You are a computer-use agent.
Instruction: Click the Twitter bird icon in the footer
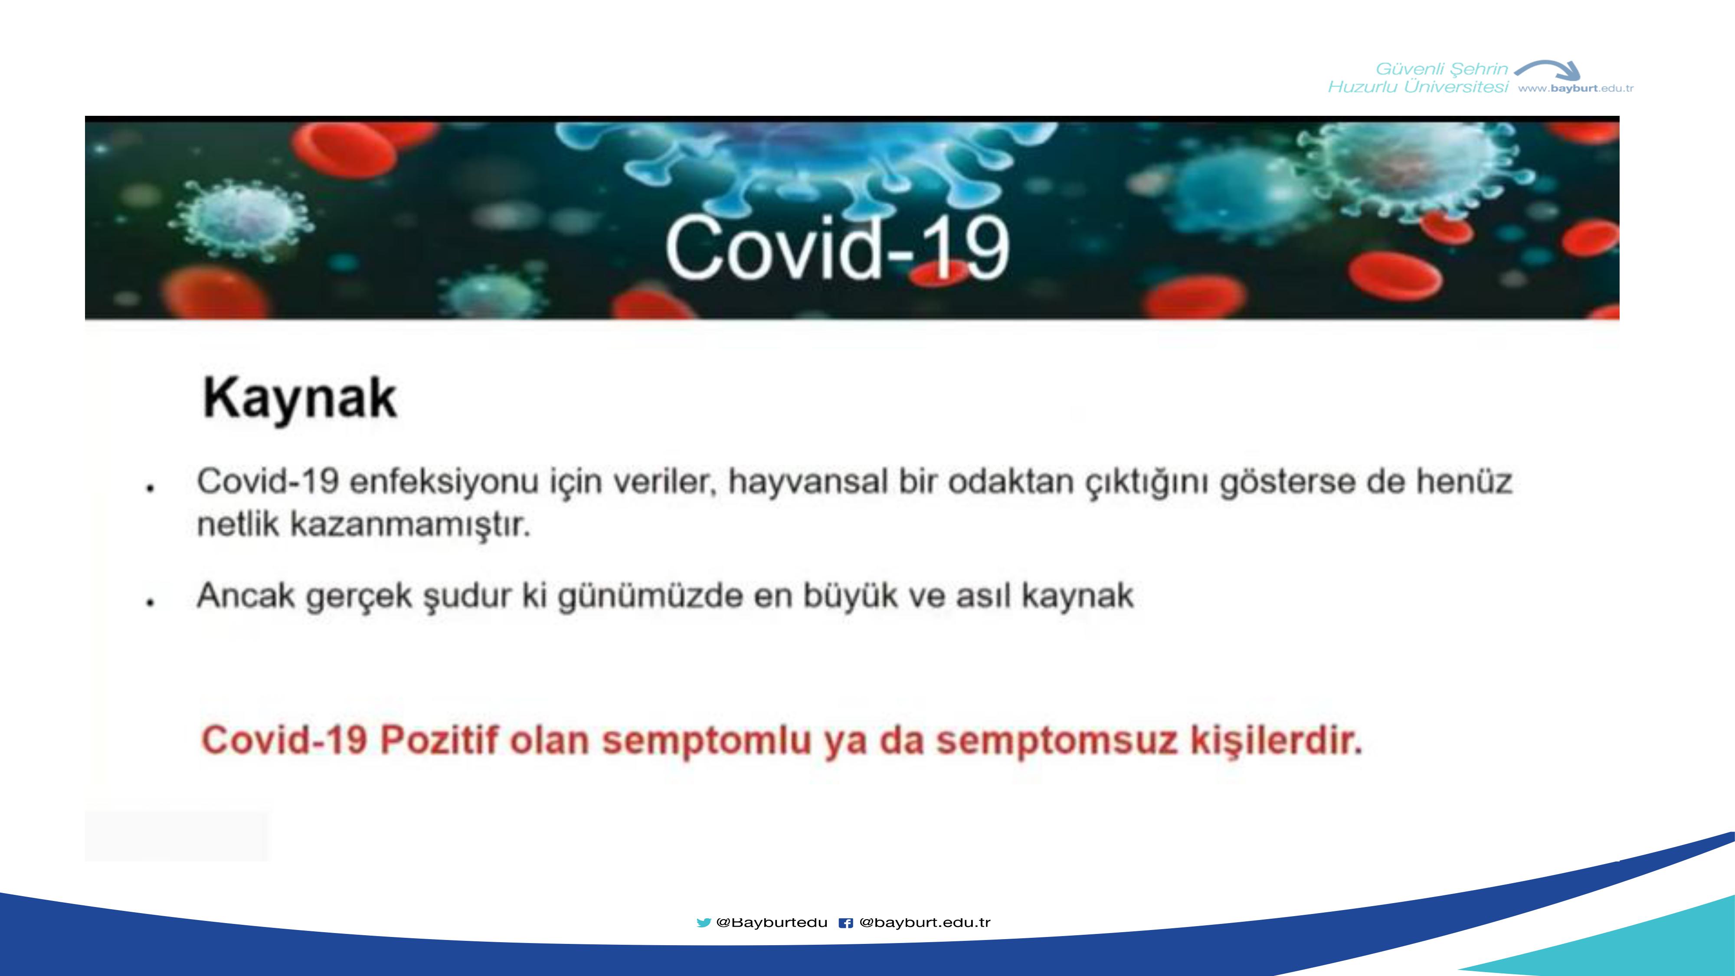(x=704, y=923)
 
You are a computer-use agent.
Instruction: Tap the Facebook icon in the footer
(x=846, y=923)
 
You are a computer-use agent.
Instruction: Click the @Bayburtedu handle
(x=772, y=923)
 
